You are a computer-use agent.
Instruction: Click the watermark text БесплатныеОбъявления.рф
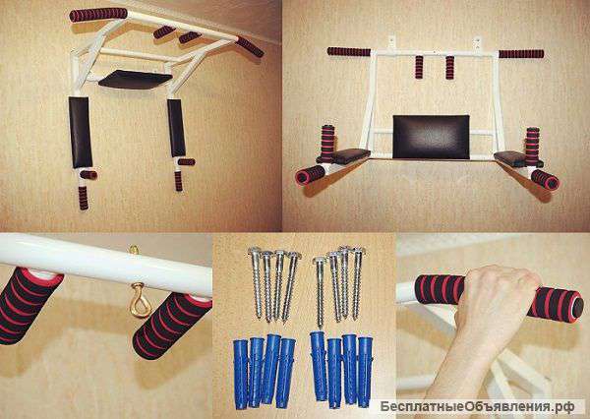point(477,407)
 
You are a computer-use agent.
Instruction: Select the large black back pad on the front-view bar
point(432,137)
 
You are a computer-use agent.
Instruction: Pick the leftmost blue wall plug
point(241,374)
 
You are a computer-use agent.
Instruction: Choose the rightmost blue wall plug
point(365,372)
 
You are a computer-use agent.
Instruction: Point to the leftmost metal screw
point(257,281)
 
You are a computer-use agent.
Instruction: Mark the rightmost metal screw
point(357,282)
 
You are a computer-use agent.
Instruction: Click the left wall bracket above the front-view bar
point(391,42)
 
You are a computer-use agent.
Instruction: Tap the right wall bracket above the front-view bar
point(477,43)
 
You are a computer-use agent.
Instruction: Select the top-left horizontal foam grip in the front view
point(349,51)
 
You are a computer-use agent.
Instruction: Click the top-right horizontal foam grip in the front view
point(521,54)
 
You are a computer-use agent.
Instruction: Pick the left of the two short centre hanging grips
point(419,67)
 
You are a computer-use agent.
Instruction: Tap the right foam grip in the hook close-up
point(172,326)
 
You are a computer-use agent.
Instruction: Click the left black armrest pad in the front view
point(348,155)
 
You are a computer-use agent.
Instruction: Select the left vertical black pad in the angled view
point(80,132)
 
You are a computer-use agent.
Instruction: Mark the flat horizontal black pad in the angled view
point(135,79)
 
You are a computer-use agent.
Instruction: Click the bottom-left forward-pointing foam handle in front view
point(310,175)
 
